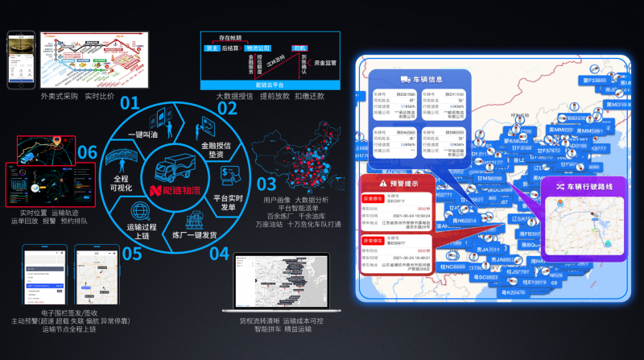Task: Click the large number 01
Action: [130, 103]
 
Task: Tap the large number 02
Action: [227, 110]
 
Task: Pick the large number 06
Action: [88, 152]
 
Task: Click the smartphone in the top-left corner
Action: [19, 60]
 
